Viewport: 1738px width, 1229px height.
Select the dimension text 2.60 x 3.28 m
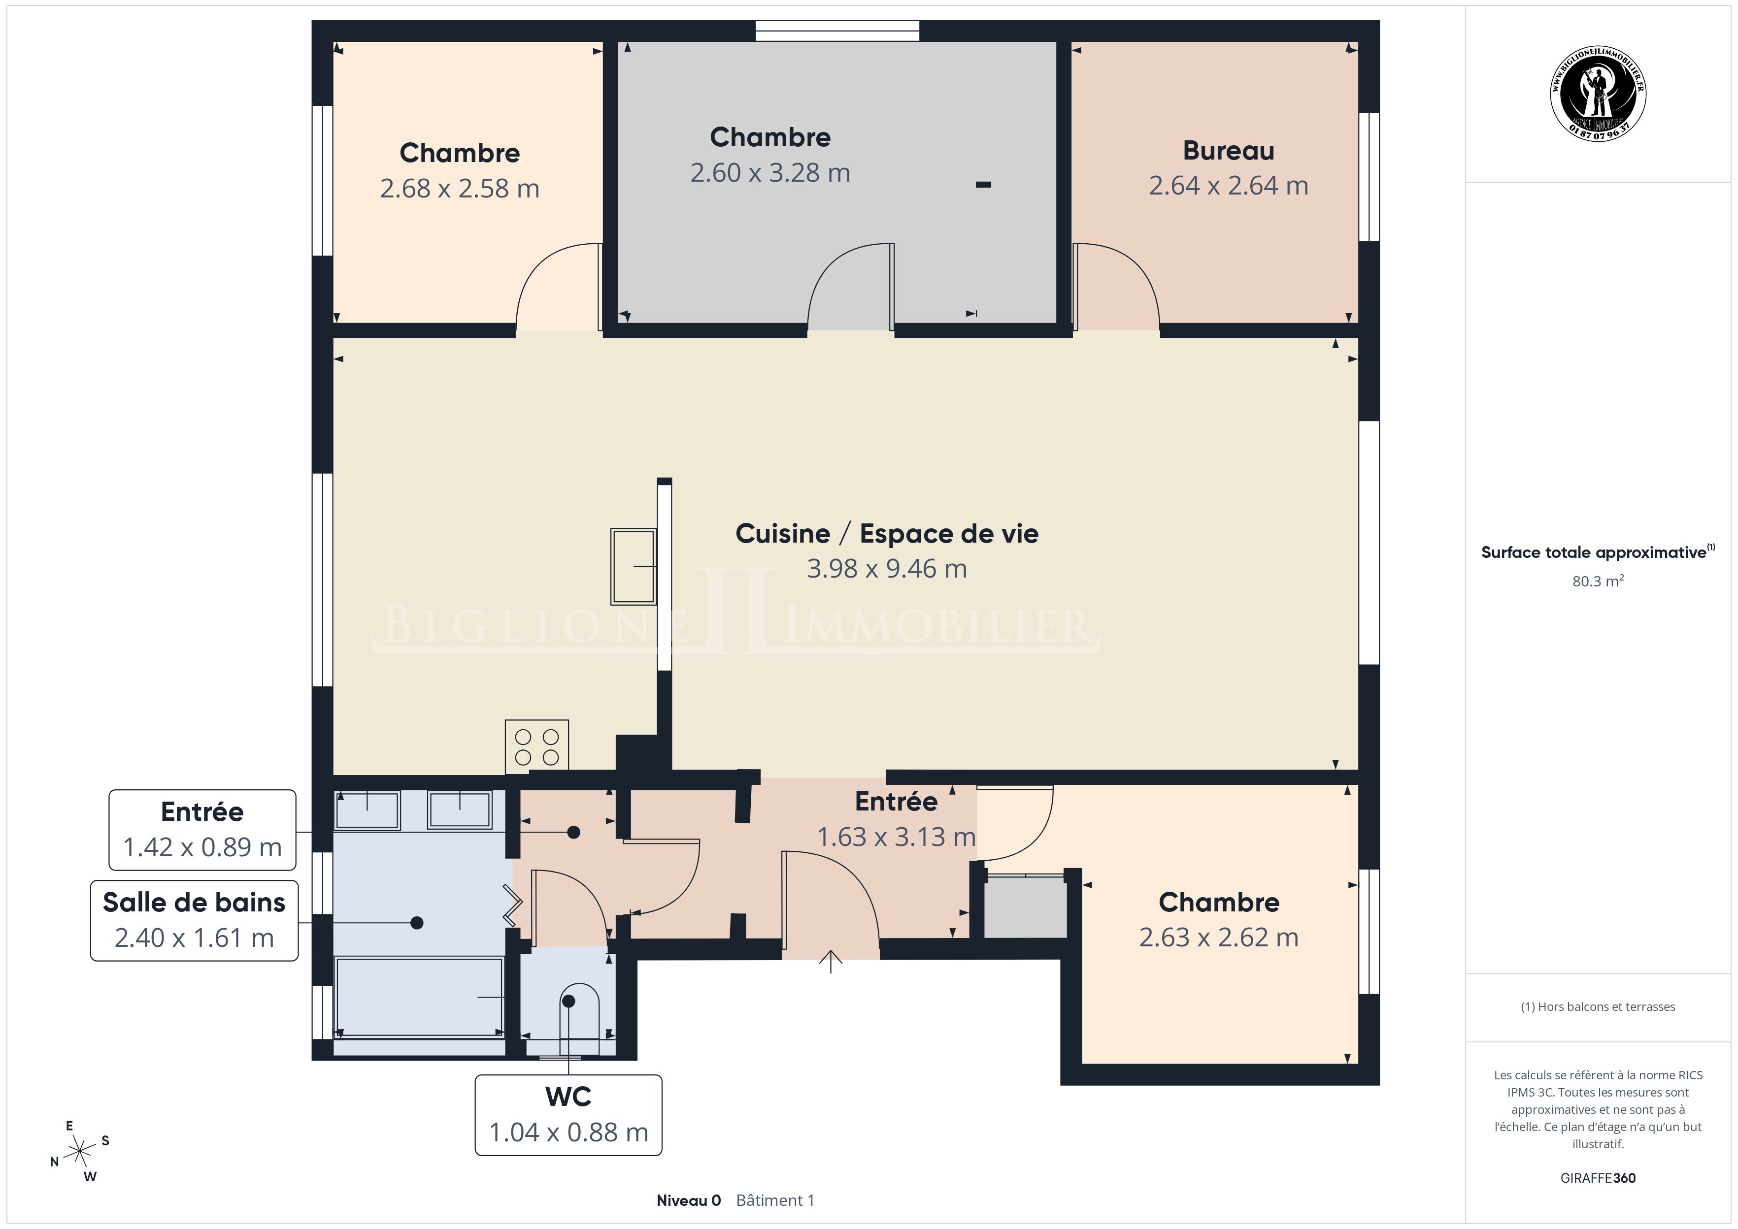point(770,172)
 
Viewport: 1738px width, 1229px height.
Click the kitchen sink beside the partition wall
point(634,566)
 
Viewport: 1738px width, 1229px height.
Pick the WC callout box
point(568,1115)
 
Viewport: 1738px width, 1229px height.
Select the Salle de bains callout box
point(194,920)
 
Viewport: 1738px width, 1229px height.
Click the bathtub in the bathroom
point(419,997)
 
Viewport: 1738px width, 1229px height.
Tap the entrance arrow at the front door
point(831,961)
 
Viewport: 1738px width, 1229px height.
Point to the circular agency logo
point(1598,93)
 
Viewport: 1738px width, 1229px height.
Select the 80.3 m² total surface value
point(1598,581)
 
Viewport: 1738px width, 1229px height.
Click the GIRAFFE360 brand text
point(1598,1177)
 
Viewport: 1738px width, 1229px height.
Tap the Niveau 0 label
point(688,1200)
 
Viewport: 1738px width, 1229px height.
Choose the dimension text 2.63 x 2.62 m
point(1219,938)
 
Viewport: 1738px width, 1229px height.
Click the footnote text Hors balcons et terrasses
point(1606,1006)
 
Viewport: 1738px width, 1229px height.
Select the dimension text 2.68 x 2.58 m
point(460,189)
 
